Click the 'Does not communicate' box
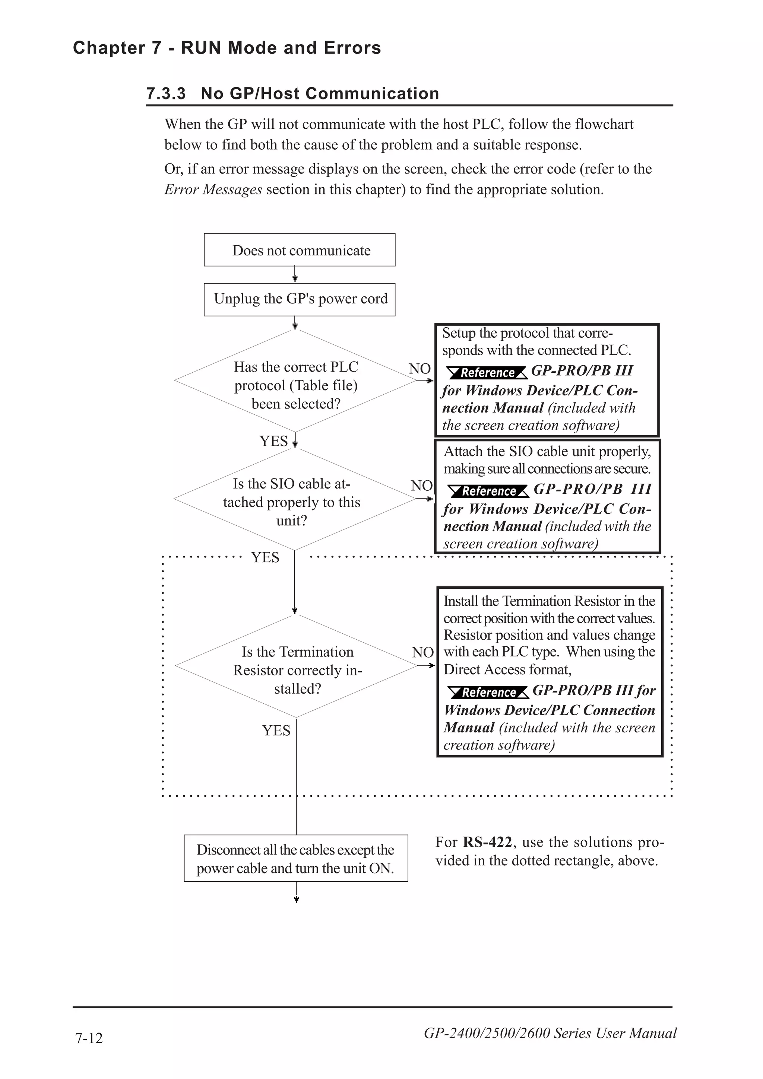point(300,250)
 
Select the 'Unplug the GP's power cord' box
point(300,299)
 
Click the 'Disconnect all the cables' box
point(296,859)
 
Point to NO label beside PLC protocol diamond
point(420,369)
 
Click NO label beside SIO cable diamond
point(422,486)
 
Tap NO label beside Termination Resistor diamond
point(422,652)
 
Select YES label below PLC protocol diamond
point(273,441)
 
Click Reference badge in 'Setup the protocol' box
point(487,373)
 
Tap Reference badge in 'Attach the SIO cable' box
point(488,491)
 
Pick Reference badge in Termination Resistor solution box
point(488,692)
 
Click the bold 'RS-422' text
point(487,842)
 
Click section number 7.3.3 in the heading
point(166,93)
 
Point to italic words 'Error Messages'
point(213,190)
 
